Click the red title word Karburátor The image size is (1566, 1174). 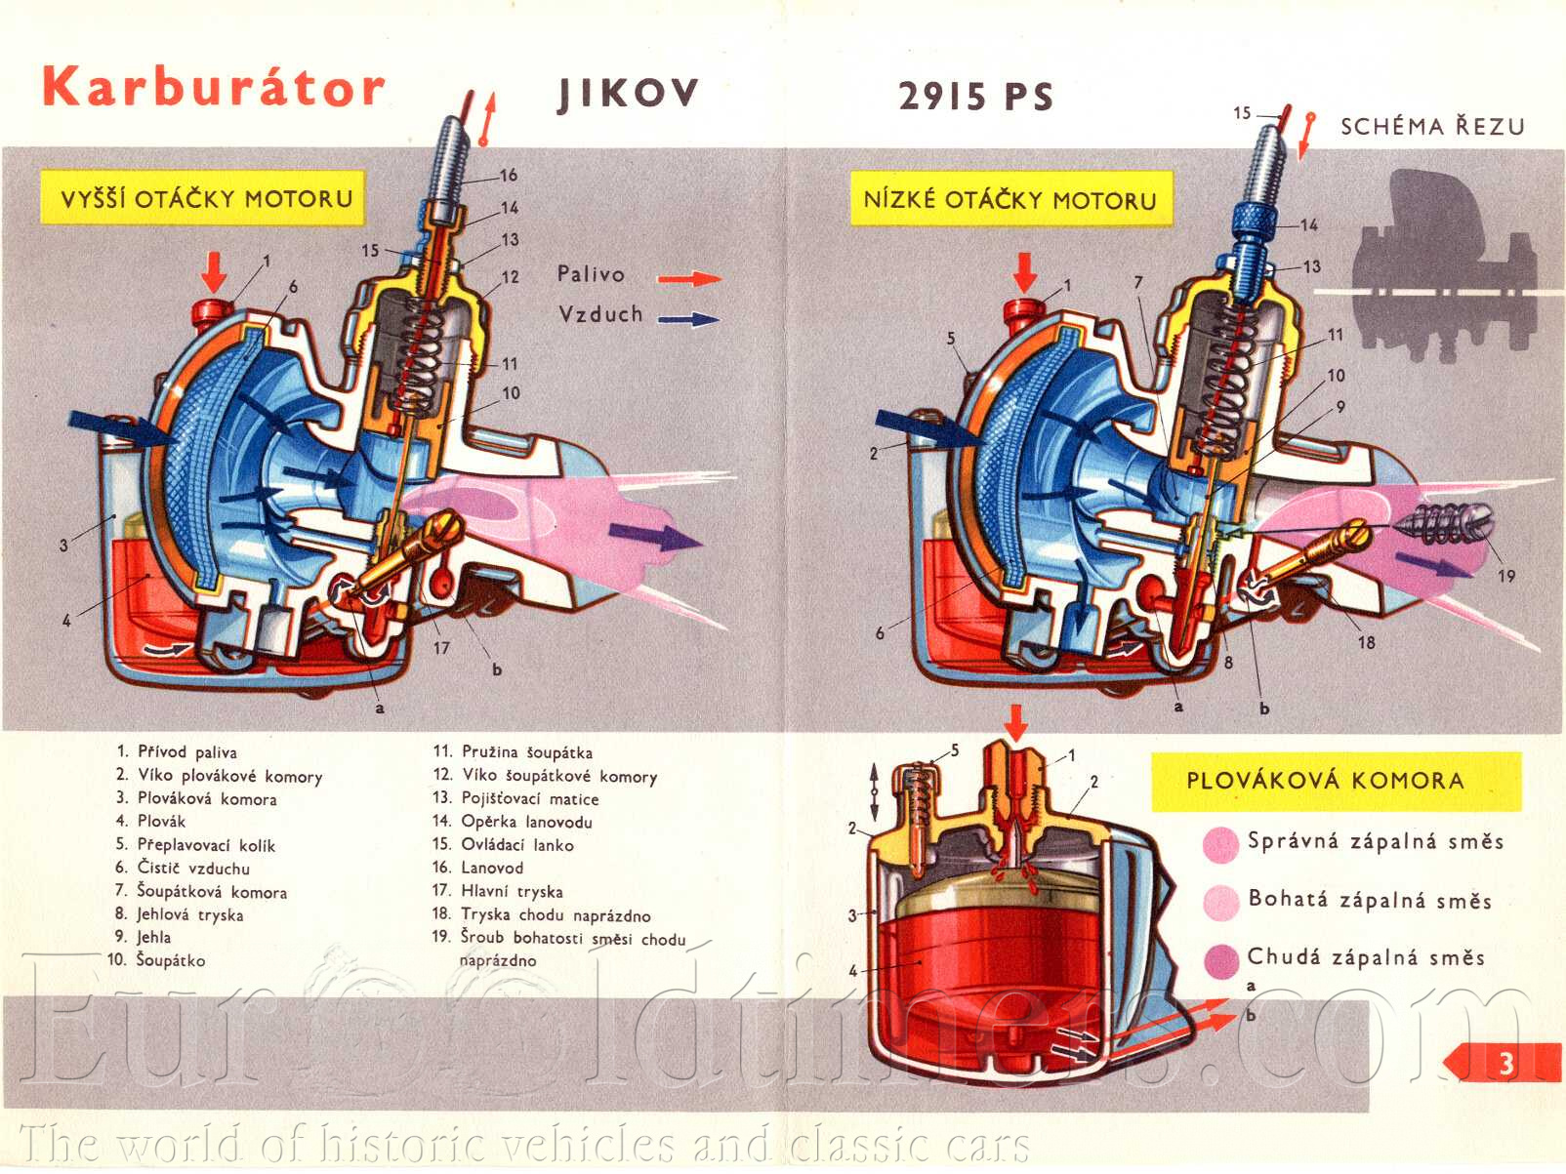213,88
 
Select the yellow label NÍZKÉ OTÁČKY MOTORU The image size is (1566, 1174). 1010,200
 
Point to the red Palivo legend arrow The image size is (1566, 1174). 689,279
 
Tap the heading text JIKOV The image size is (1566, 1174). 628,94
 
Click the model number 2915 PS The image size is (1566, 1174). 975,97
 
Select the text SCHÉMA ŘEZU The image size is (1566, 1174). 1431,127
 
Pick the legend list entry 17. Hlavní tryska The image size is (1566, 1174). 498,891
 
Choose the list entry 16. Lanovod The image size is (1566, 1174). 478,868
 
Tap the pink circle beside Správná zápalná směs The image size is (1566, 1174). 1220,844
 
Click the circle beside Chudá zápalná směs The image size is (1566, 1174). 1220,960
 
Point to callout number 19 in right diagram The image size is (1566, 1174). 1506,576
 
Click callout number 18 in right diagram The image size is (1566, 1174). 1366,642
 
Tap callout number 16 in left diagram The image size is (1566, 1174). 509,176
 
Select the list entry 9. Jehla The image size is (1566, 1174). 144,938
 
